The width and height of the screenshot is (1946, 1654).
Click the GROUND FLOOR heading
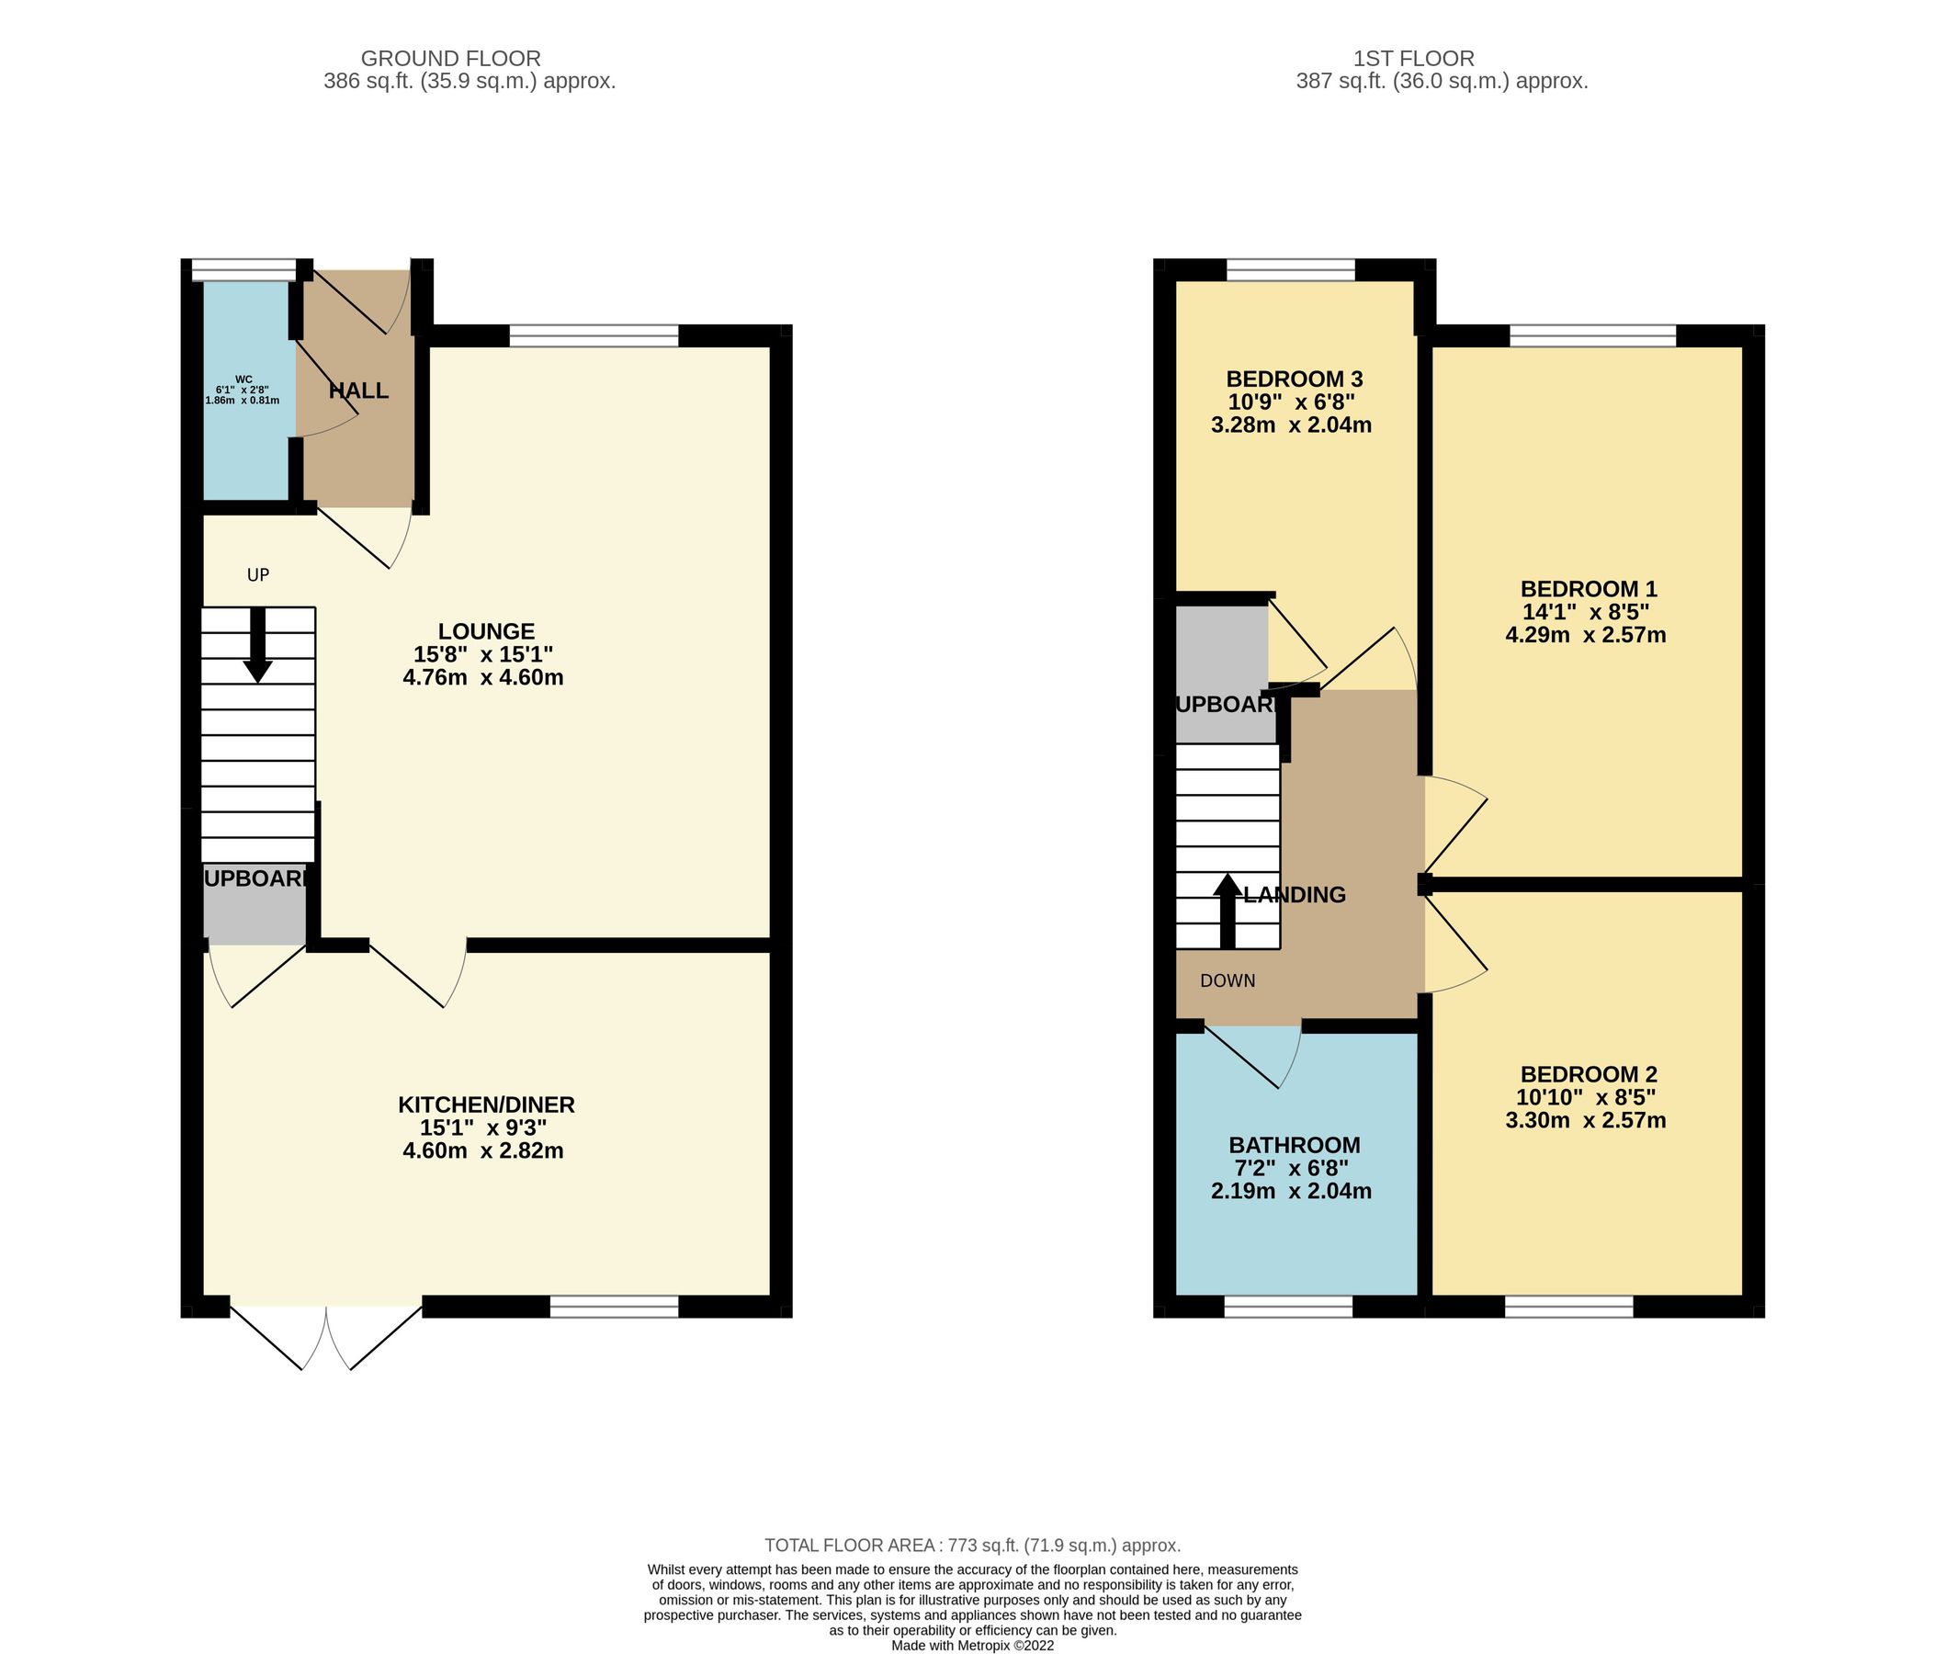pos(450,58)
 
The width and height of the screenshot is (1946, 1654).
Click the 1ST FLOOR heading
pos(1440,58)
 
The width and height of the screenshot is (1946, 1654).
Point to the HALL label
pos(358,391)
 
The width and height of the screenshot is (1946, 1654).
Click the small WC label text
pos(243,380)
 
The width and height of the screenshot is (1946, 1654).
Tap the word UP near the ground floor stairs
pos(258,575)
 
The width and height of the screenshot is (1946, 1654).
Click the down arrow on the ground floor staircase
pos(257,647)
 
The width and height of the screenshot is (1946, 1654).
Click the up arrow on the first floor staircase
pos(1226,910)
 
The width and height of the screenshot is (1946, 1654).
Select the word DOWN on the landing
pos(1227,980)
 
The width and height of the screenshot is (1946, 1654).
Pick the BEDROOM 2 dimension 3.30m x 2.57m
pos(1585,1119)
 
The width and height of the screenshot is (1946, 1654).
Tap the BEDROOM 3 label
pos(1294,379)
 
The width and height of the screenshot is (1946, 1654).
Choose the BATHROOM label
pos(1294,1145)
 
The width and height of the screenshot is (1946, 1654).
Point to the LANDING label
pos(1295,894)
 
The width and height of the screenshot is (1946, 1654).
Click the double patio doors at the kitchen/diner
pos(325,1336)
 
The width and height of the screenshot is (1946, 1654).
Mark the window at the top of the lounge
pos(594,335)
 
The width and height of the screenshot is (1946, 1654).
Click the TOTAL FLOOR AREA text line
pos(972,1546)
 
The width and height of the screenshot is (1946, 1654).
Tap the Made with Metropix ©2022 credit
pos(972,1646)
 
